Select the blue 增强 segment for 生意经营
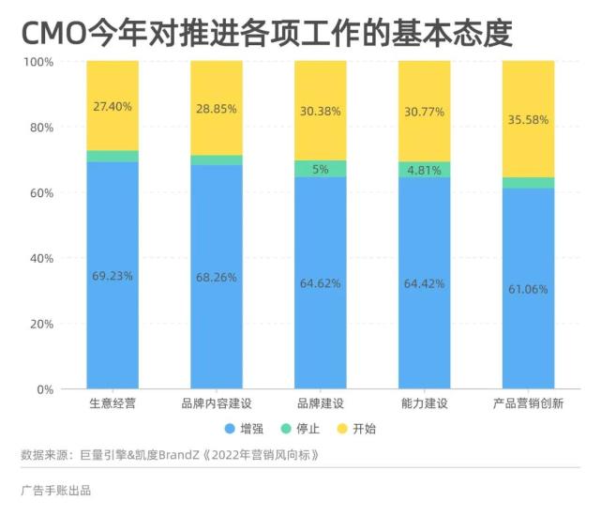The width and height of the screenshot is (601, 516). point(113,319)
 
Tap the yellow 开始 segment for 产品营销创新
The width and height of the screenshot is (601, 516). point(528,94)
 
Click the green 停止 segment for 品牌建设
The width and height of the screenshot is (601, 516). point(320,169)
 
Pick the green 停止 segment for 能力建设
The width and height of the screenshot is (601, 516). point(424,170)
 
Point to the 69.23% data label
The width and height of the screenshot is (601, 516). point(113,276)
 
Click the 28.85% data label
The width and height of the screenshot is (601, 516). point(217,109)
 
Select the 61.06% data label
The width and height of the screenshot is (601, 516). point(528,289)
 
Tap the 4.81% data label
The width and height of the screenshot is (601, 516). point(424,171)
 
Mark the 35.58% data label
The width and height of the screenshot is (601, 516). point(528,120)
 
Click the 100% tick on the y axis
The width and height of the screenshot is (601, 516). point(38,62)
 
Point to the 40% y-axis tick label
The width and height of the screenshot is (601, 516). point(41,258)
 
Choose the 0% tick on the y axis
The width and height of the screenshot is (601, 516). point(45,389)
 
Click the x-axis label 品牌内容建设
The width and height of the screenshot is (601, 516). point(217,404)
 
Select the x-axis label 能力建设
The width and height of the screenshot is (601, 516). point(424,404)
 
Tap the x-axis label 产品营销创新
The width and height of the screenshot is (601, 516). point(528,404)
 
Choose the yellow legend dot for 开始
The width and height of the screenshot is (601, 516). point(343,429)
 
